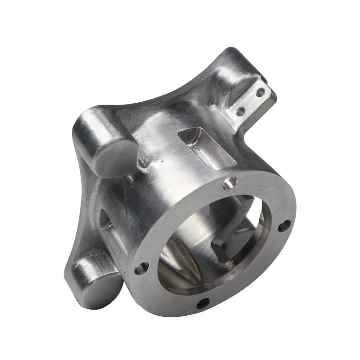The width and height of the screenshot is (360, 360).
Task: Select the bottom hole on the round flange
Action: pyautogui.click(x=202, y=303)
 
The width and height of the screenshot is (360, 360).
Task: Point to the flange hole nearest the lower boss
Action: pyautogui.click(x=140, y=269)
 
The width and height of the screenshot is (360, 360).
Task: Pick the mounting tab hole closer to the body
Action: pyautogui.click(x=240, y=111)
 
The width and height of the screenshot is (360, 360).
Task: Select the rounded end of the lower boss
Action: pyautogui.click(x=98, y=283)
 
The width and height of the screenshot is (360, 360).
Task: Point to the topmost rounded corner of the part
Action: pyautogui.click(x=232, y=50)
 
